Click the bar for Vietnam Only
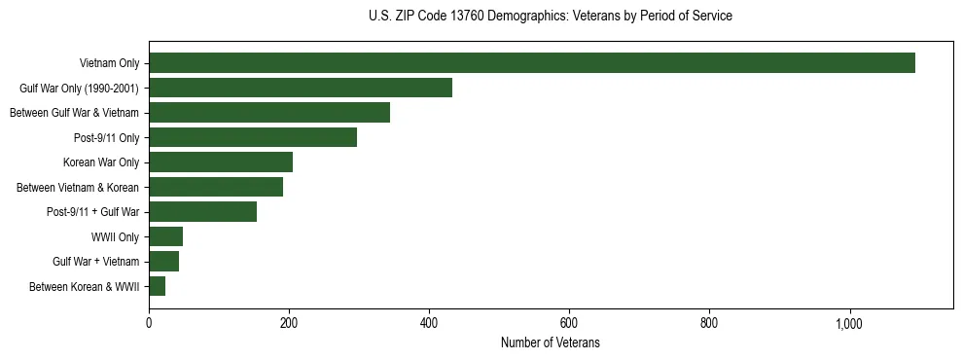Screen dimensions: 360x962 532,63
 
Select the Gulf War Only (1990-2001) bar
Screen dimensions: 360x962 301,88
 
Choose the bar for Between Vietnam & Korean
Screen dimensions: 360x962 216,187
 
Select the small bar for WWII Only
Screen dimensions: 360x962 165,236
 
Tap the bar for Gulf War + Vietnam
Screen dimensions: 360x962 163,262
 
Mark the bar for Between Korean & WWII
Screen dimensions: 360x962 157,286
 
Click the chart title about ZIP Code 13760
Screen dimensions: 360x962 551,17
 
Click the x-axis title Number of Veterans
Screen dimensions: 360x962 551,343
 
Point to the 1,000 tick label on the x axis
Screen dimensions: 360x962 849,322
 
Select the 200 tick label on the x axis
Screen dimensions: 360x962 289,322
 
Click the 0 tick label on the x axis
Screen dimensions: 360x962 149,322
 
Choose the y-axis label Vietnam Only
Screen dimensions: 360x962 109,64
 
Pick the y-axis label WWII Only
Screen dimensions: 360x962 115,237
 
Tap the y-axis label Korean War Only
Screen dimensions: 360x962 101,162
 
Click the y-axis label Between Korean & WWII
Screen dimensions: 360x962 85,287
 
